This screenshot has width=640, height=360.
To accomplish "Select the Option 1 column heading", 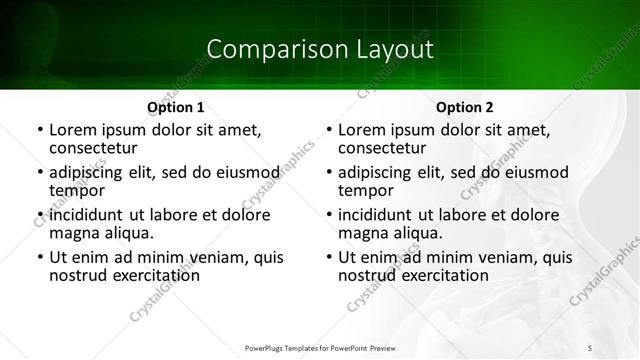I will tap(175, 107).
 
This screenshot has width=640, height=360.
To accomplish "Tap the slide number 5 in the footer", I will tap(590, 347).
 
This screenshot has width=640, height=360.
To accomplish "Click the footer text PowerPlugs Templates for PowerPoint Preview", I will tap(320, 347).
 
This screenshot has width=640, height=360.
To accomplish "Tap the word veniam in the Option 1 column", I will tap(220, 257).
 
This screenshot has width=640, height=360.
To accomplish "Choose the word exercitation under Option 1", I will tap(150, 276).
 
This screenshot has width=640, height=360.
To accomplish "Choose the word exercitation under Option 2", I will tap(439, 276).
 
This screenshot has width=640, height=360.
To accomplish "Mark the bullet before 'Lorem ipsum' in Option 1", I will tap(39, 130).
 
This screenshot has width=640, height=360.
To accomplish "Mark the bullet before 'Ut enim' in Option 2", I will tap(328, 257).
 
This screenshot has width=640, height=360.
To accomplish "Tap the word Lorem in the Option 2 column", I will tap(361, 130).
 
